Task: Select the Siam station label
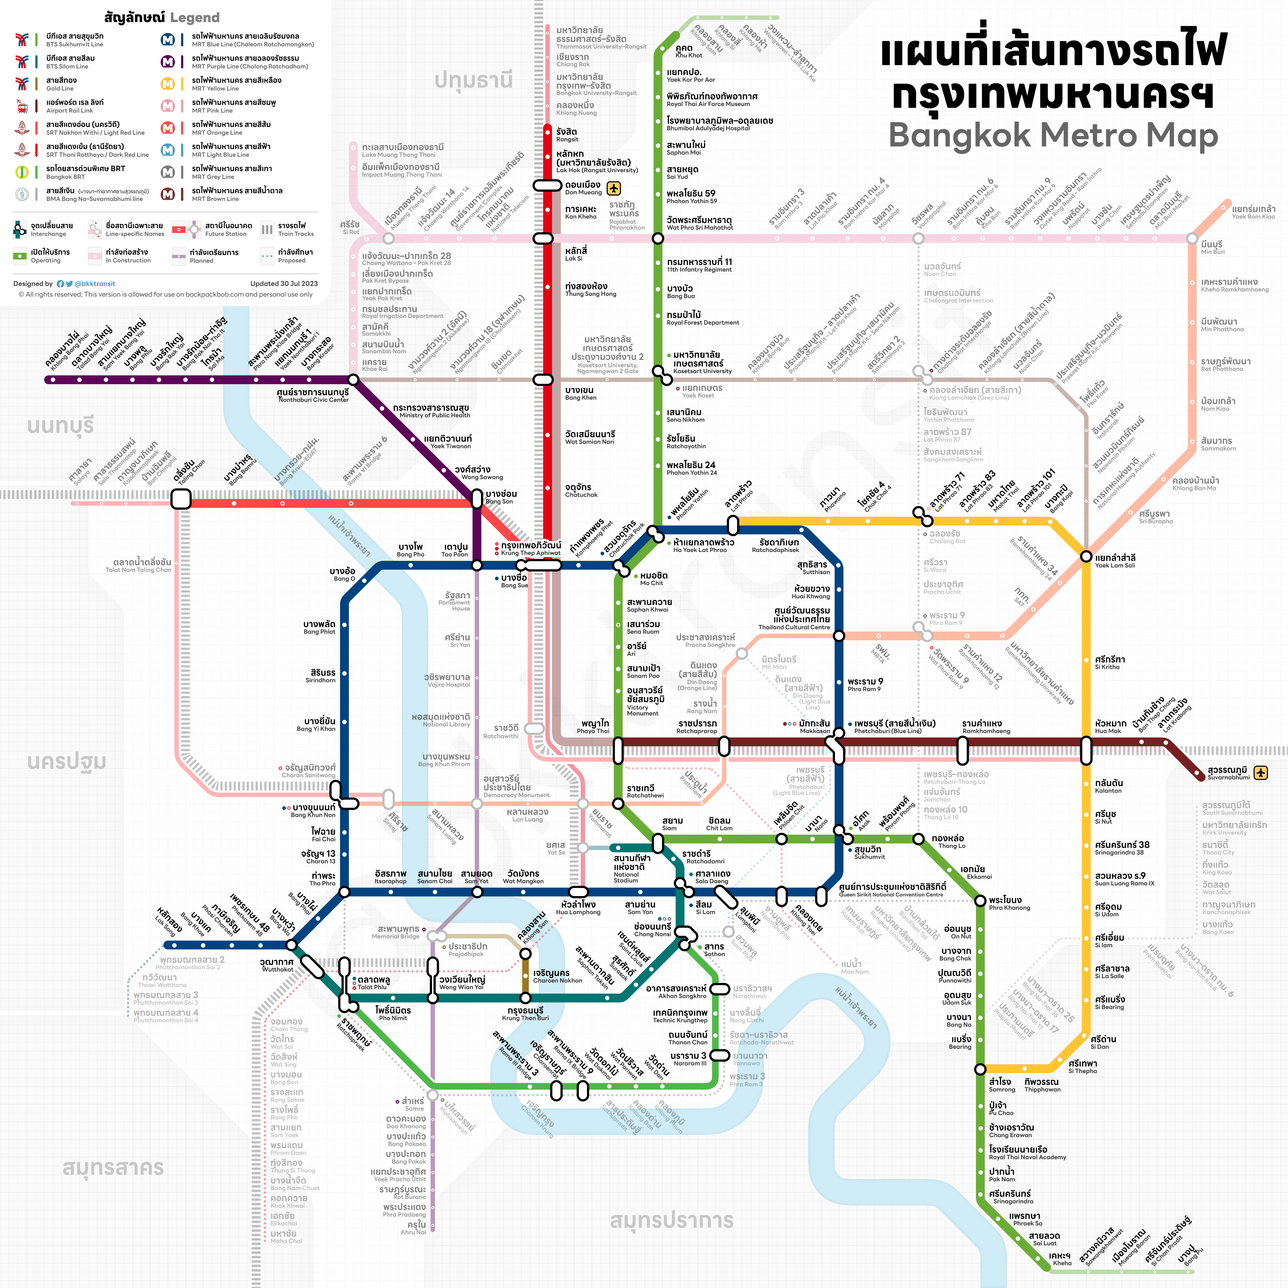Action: [x=672, y=824]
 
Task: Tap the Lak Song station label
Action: [x=169, y=920]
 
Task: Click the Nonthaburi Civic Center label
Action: [x=313, y=395]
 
